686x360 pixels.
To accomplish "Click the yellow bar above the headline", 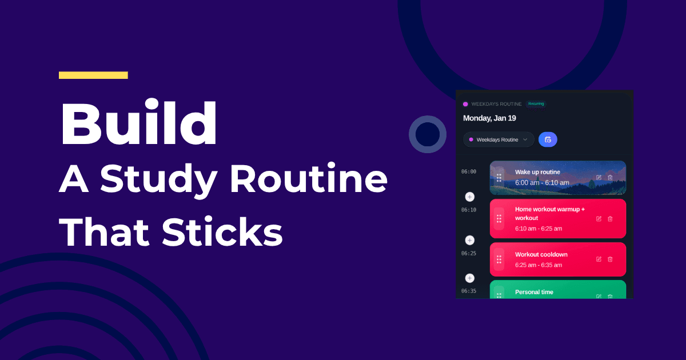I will click(93, 75).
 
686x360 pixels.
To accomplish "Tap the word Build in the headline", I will click(139, 125).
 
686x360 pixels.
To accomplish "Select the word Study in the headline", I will click(161, 181).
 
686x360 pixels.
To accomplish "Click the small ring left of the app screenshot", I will click(428, 134).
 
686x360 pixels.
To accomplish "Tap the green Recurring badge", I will click(536, 104).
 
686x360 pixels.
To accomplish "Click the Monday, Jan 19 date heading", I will click(489, 118).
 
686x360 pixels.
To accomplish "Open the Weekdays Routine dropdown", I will click(498, 139).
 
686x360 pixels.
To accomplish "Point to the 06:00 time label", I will click(469, 171).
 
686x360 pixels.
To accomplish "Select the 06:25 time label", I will click(469, 253).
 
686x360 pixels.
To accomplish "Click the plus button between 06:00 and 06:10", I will click(470, 197).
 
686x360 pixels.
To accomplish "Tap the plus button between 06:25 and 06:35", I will click(470, 278).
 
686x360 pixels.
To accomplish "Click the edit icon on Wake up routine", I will click(599, 178).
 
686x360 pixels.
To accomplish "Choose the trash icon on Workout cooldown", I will click(610, 259).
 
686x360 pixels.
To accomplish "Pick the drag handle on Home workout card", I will click(499, 219).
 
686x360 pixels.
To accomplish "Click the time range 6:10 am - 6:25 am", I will click(539, 229).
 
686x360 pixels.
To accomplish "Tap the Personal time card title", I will click(534, 292).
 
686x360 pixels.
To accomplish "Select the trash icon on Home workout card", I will click(610, 219).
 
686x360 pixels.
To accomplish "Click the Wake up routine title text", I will click(537, 172).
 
